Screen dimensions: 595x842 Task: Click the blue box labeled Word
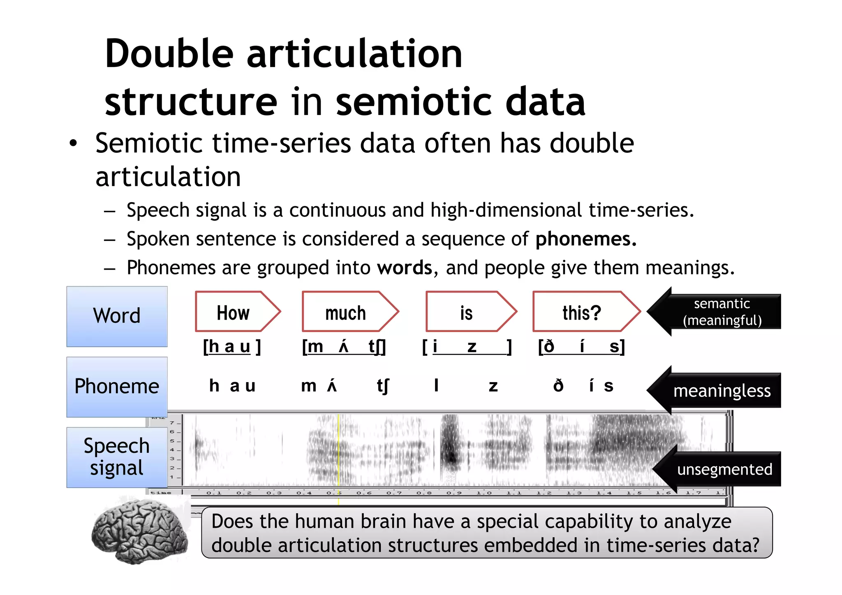click(117, 316)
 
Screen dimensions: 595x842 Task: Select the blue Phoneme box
click(117, 387)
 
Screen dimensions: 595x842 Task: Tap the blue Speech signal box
click(117, 457)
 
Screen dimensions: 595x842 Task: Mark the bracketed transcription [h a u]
click(232, 347)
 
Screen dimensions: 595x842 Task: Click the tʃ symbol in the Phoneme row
click(383, 386)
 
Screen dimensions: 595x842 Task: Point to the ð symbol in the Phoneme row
click(558, 386)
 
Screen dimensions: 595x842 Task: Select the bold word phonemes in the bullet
click(586, 239)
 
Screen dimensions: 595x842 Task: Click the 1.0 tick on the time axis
click(484, 493)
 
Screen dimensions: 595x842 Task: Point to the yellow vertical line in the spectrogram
click(339, 452)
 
